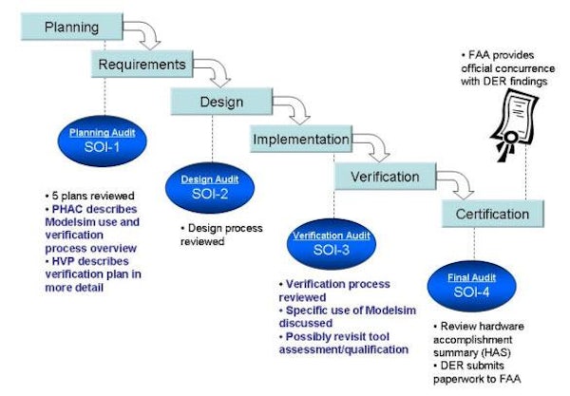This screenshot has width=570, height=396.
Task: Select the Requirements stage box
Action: pyautogui.click(x=139, y=64)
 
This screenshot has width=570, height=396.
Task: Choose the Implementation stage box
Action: pyautogui.click(x=299, y=140)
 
